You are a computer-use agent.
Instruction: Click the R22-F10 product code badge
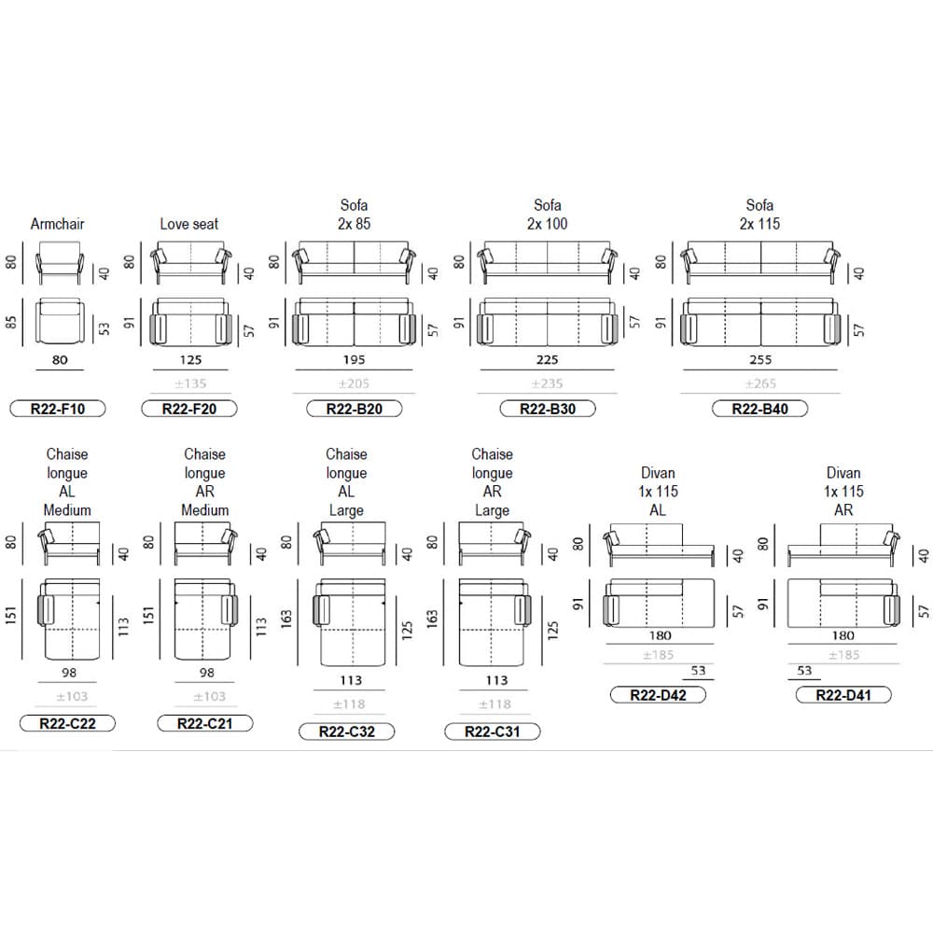(x=58, y=409)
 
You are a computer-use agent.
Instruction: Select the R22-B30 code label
(x=548, y=409)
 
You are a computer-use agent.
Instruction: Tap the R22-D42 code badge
(x=658, y=695)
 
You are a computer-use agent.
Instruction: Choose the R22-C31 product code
(x=493, y=731)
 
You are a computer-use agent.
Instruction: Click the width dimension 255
(x=760, y=360)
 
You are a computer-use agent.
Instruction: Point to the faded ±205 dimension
(x=354, y=383)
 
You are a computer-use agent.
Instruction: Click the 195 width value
(x=354, y=360)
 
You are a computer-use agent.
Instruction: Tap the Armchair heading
(x=58, y=224)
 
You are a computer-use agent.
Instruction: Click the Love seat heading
(x=189, y=224)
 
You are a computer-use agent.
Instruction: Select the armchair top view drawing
(x=60, y=321)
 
